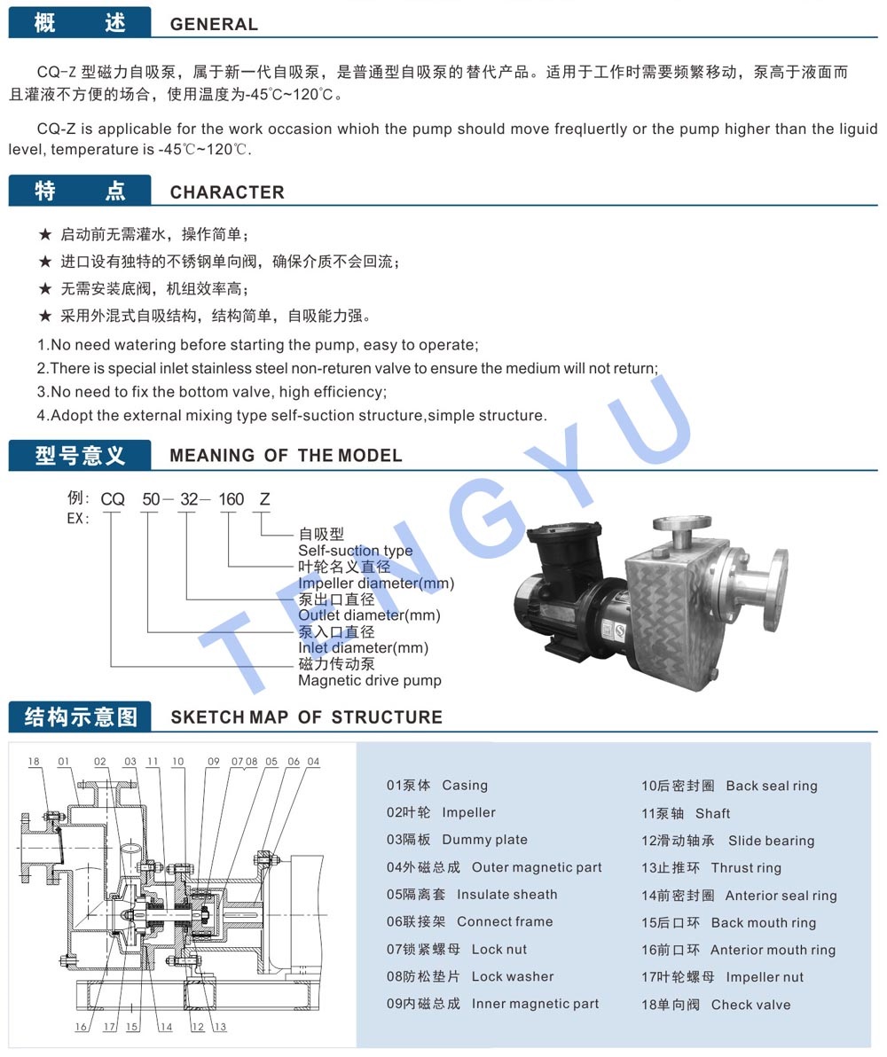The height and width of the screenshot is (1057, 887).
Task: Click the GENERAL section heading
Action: (214, 24)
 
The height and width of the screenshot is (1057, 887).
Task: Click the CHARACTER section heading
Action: (227, 192)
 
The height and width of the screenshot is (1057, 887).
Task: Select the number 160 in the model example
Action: (232, 499)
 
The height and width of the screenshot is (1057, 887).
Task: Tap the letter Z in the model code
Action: (264, 499)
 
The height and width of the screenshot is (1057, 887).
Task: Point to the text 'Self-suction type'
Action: (355, 550)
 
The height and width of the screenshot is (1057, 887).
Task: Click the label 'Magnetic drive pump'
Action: (370, 680)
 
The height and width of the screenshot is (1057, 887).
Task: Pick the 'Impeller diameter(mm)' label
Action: (376, 583)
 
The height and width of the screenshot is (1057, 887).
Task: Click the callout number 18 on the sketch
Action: (34, 762)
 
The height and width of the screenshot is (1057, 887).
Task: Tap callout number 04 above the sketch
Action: (313, 762)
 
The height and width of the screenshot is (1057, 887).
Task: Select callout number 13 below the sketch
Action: (220, 1027)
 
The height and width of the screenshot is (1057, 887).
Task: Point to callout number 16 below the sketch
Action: (81, 1027)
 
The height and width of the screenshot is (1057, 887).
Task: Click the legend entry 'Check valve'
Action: (750, 1005)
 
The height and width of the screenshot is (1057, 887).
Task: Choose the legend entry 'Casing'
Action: (464, 786)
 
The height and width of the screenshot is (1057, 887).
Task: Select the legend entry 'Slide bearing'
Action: (771, 841)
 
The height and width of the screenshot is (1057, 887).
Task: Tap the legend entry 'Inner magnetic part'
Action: (535, 1004)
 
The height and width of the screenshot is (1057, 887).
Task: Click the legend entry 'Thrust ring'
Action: (746, 867)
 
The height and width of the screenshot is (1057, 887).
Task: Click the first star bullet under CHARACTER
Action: (45, 235)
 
